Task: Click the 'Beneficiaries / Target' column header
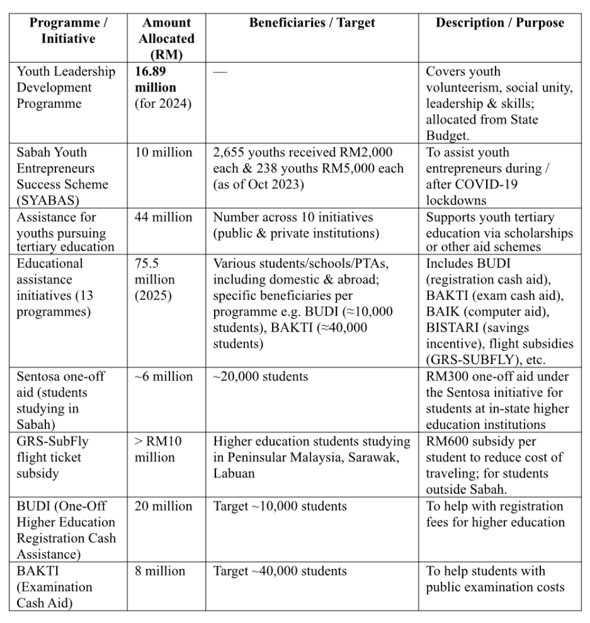pyautogui.click(x=312, y=24)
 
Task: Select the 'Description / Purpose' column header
pyautogui.click(x=499, y=24)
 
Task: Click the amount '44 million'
pyautogui.click(x=163, y=217)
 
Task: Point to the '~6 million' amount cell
pyautogui.click(x=163, y=376)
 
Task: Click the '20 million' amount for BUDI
pyautogui.click(x=163, y=506)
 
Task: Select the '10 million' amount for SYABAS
pyautogui.click(x=163, y=152)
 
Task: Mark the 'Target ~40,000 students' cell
pyautogui.click(x=280, y=571)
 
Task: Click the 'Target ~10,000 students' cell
pyautogui.click(x=280, y=506)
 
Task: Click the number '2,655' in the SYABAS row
pyautogui.click(x=230, y=152)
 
